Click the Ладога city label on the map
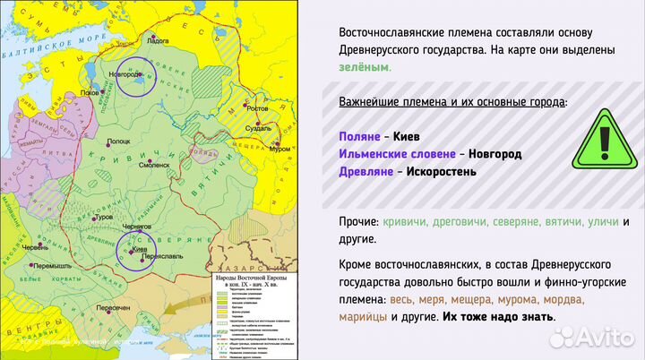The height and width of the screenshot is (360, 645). (156, 41)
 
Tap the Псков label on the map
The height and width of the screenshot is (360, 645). (90, 91)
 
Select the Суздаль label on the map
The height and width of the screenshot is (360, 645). (259, 128)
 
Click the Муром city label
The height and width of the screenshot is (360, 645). (279, 149)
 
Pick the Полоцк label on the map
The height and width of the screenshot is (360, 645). (119, 141)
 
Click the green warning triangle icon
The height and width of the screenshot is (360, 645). (603, 139)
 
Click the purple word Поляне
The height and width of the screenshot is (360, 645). (360, 137)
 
